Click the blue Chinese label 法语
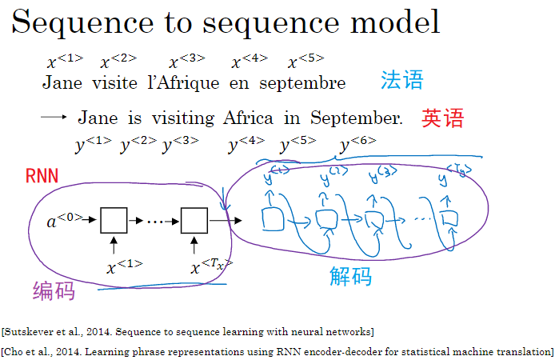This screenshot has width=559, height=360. coord(401,80)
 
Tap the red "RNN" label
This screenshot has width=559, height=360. coord(42,176)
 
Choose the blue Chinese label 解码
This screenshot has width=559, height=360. coord(350,277)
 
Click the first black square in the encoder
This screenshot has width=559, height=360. coord(114,218)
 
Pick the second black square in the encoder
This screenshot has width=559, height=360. coord(194,218)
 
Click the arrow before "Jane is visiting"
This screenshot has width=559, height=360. coord(53,118)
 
